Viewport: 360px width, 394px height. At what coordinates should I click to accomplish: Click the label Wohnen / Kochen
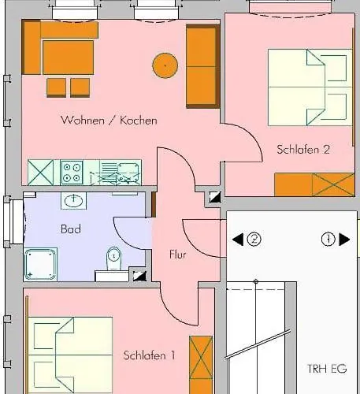pos(109,121)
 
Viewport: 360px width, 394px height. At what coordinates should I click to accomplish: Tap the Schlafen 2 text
pos(302,149)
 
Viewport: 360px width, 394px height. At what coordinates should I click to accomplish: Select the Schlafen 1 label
pos(149,355)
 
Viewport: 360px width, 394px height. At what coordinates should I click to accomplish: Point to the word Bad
pos(70,229)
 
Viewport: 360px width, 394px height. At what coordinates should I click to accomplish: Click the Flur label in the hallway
pos(178,255)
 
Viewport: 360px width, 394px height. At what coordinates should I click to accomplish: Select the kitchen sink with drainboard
pos(118,170)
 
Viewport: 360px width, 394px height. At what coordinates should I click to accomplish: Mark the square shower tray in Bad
pos(39,263)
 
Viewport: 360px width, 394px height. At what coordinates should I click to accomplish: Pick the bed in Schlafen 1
pos(71,351)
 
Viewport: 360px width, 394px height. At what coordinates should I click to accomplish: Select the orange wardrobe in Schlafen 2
pos(314,184)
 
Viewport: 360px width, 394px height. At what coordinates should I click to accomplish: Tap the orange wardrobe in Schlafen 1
pos(201,362)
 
